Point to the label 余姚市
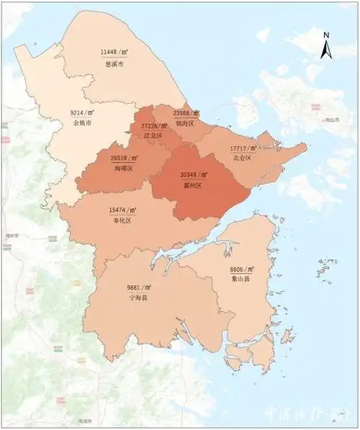pyautogui.click(x=83, y=123)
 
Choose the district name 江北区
pyautogui.click(x=153, y=135)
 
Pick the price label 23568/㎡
pyautogui.click(x=186, y=113)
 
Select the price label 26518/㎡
pyautogui.click(x=123, y=158)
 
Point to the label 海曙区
pyautogui.click(x=123, y=168)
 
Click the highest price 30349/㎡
pyautogui.click(x=194, y=175)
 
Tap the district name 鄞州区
pyautogui.click(x=194, y=185)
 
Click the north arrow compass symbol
pyautogui.click(x=326, y=45)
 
